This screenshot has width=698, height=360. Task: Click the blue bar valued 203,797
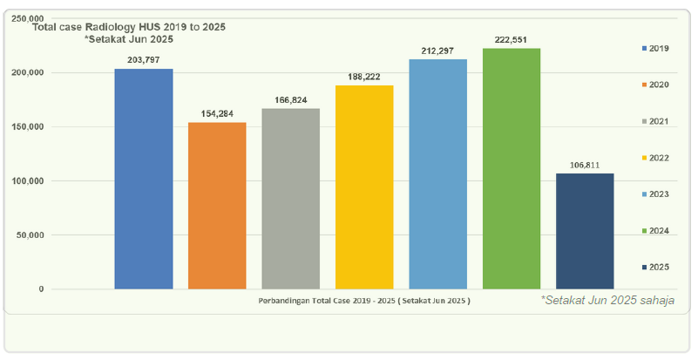(x=144, y=179)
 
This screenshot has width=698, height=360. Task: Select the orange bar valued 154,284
(x=217, y=206)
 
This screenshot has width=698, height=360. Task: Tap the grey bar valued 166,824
(x=290, y=199)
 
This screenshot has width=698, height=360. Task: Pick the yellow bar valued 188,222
(x=364, y=187)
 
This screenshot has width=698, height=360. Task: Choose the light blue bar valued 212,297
(x=437, y=174)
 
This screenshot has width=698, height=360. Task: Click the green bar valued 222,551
(x=512, y=168)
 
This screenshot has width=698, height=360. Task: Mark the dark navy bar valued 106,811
(x=585, y=231)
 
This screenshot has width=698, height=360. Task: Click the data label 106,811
(x=585, y=165)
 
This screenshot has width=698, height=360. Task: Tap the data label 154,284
(x=217, y=114)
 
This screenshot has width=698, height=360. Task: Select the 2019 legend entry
(x=655, y=48)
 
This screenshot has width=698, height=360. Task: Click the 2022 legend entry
(x=655, y=157)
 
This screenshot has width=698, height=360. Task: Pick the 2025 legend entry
(x=655, y=266)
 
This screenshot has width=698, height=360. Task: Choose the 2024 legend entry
(x=655, y=230)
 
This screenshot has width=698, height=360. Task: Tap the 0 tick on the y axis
(x=41, y=289)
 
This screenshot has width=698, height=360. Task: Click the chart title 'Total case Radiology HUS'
(x=129, y=27)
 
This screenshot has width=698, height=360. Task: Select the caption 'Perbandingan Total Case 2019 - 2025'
(x=364, y=302)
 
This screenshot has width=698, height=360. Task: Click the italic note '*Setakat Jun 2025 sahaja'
(x=607, y=301)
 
